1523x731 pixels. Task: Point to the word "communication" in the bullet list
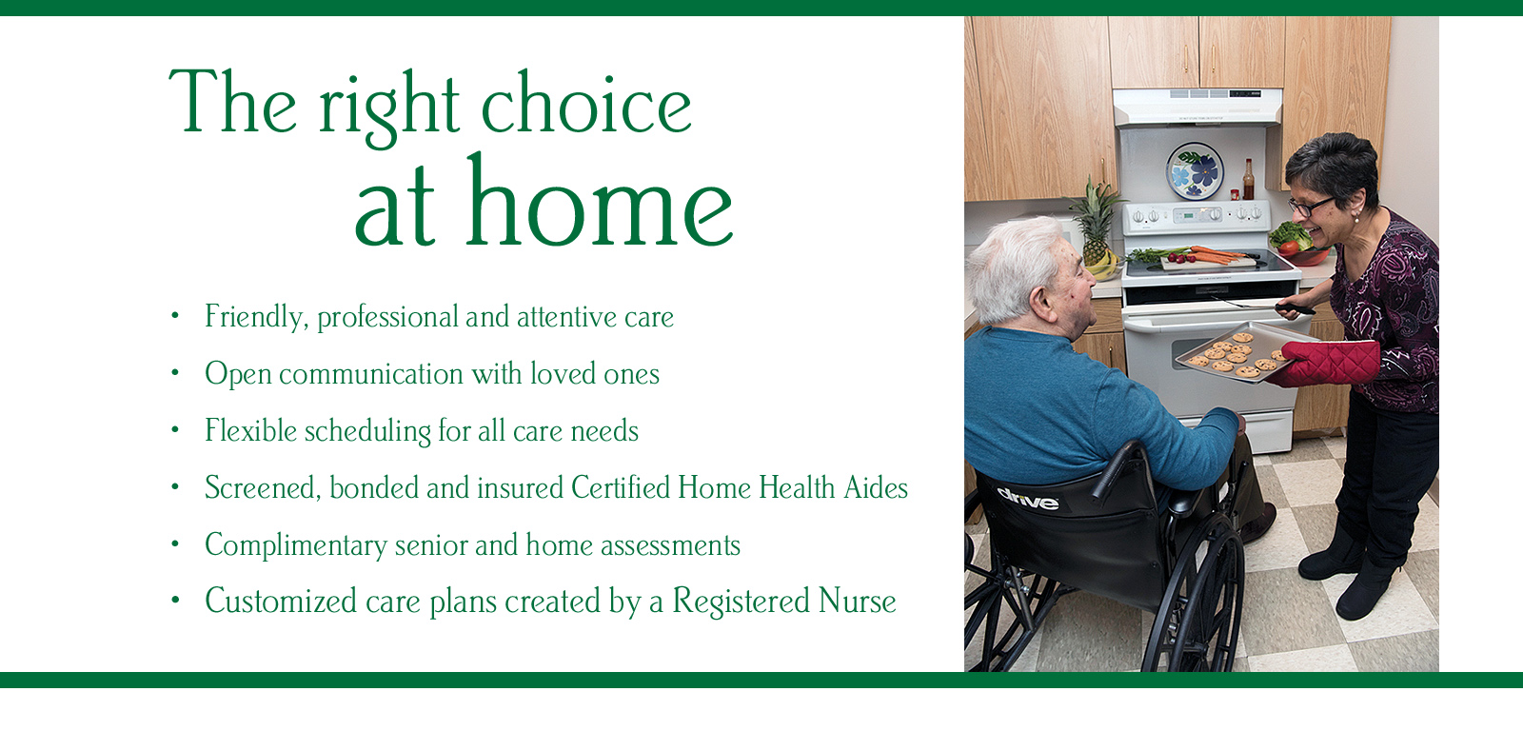[x=371, y=374]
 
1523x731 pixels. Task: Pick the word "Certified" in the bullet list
[x=620, y=487]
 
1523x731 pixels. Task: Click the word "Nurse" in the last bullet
[x=857, y=601]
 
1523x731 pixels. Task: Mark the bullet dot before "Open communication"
[x=175, y=373]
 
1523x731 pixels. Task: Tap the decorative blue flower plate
[x=1195, y=170]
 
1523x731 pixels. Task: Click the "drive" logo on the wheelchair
[x=1028, y=500]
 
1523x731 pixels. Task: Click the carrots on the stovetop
[x=1217, y=256]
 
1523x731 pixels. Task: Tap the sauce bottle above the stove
[x=1248, y=179]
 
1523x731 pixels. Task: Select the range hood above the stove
[x=1197, y=107]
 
